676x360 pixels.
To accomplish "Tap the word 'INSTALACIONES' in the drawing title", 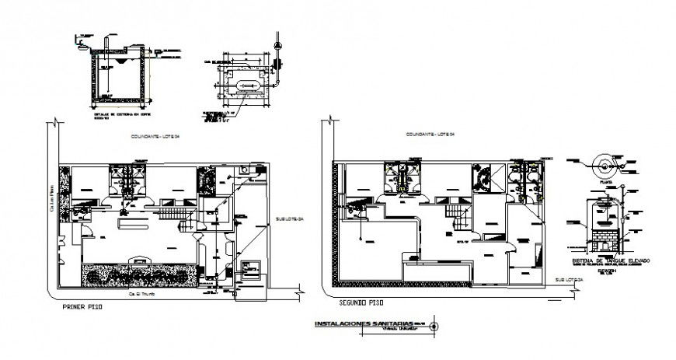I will [x=337, y=324].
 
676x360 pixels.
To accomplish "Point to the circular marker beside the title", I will [x=433, y=326].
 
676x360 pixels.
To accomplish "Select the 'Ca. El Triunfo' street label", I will [x=134, y=295].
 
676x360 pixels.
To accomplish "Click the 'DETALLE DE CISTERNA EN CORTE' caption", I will [x=116, y=114].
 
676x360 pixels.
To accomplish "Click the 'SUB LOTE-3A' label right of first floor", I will [x=286, y=219].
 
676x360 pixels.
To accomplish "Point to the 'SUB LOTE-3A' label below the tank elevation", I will [x=570, y=278].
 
